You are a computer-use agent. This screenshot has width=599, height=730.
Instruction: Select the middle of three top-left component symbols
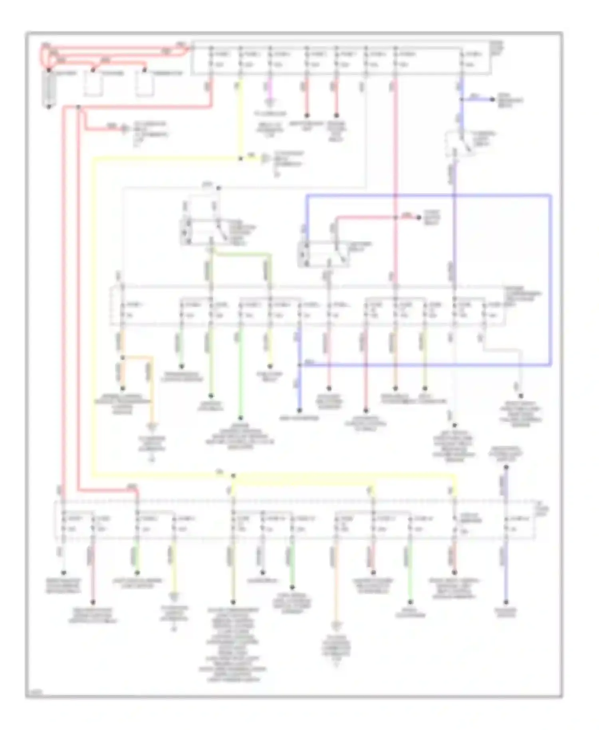(x=93, y=85)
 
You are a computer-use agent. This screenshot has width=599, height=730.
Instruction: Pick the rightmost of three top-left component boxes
(x=144, y=85)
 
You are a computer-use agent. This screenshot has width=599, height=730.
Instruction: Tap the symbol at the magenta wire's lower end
(x=270, y=103)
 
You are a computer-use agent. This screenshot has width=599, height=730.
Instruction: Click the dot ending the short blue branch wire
(x=494, y=99)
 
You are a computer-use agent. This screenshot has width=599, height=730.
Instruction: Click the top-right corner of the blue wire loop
(x=551, y=196)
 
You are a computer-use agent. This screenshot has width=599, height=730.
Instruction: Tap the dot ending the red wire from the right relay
(x=419, y=218)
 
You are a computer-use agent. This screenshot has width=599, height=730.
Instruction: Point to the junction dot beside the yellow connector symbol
(x=240, y=159)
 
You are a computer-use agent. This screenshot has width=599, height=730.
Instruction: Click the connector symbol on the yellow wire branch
(x=265, y=159)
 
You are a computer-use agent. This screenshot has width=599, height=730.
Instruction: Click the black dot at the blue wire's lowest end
(x=299, y=410)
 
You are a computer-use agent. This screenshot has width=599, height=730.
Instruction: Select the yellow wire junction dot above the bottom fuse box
(x=233, y=476)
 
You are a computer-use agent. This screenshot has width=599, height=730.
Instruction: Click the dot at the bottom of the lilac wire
(x=506, y=602)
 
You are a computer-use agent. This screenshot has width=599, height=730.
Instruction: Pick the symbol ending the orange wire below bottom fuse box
(x=336, y=625)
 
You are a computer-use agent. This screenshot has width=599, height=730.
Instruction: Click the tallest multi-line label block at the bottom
(x=233, y=645)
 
